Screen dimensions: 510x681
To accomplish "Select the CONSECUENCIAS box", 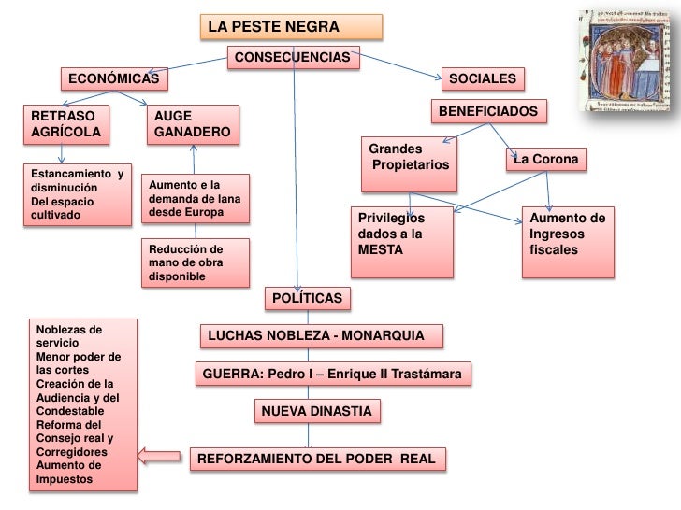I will (293, 58).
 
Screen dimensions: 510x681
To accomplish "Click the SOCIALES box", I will (485, 80).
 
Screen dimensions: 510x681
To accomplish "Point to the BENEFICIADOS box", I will (487, 112).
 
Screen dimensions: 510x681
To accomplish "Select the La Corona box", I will (546, 160).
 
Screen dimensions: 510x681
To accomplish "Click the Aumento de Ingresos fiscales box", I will (569, 241).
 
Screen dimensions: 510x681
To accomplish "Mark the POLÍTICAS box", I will (308, 298).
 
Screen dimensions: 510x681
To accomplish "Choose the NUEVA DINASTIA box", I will (316, 411).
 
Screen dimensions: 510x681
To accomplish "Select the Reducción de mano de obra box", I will (195, 262).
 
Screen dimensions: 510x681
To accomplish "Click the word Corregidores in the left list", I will (71, 451).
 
